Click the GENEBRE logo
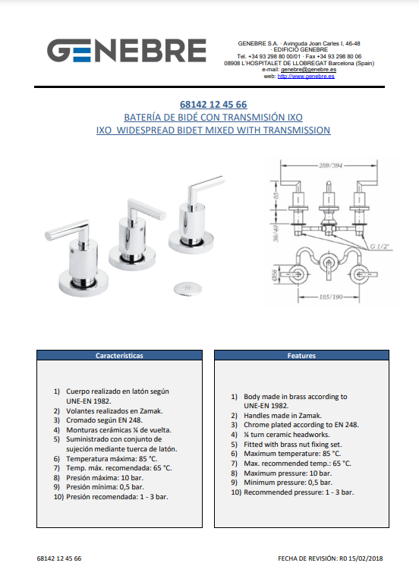click(127, 50)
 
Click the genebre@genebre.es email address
click(308, 70)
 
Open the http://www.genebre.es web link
click(306, 77)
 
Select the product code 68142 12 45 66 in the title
click(213, 104)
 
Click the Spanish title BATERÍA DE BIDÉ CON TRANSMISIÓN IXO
click(213, 118)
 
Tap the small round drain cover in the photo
click(187, 288)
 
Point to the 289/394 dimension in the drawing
click(330, 165)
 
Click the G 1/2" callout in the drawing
click(380, 247)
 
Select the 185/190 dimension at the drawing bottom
click(330, 297)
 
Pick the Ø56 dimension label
click(275, 275)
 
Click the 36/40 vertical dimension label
click(276, 233)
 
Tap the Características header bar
click(119, 356)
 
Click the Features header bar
click(301, 356)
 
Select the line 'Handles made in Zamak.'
click(283, 416)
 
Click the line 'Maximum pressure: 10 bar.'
click(288, 473)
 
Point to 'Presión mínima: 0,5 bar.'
click(105, 487)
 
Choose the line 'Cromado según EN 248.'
click(104, 420)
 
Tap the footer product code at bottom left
click(59, 558)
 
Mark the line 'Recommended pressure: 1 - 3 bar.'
click(298, 492)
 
